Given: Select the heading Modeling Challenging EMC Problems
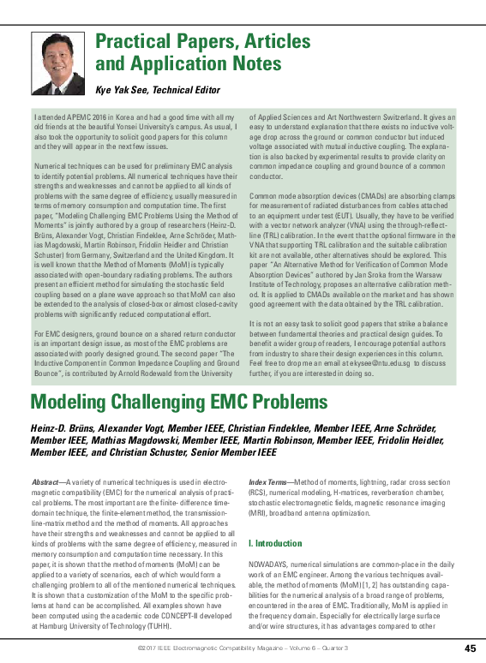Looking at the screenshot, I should pyautogui.click(x=179, y=402).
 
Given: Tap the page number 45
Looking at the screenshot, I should pyautogui.click(x=470, y=648).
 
